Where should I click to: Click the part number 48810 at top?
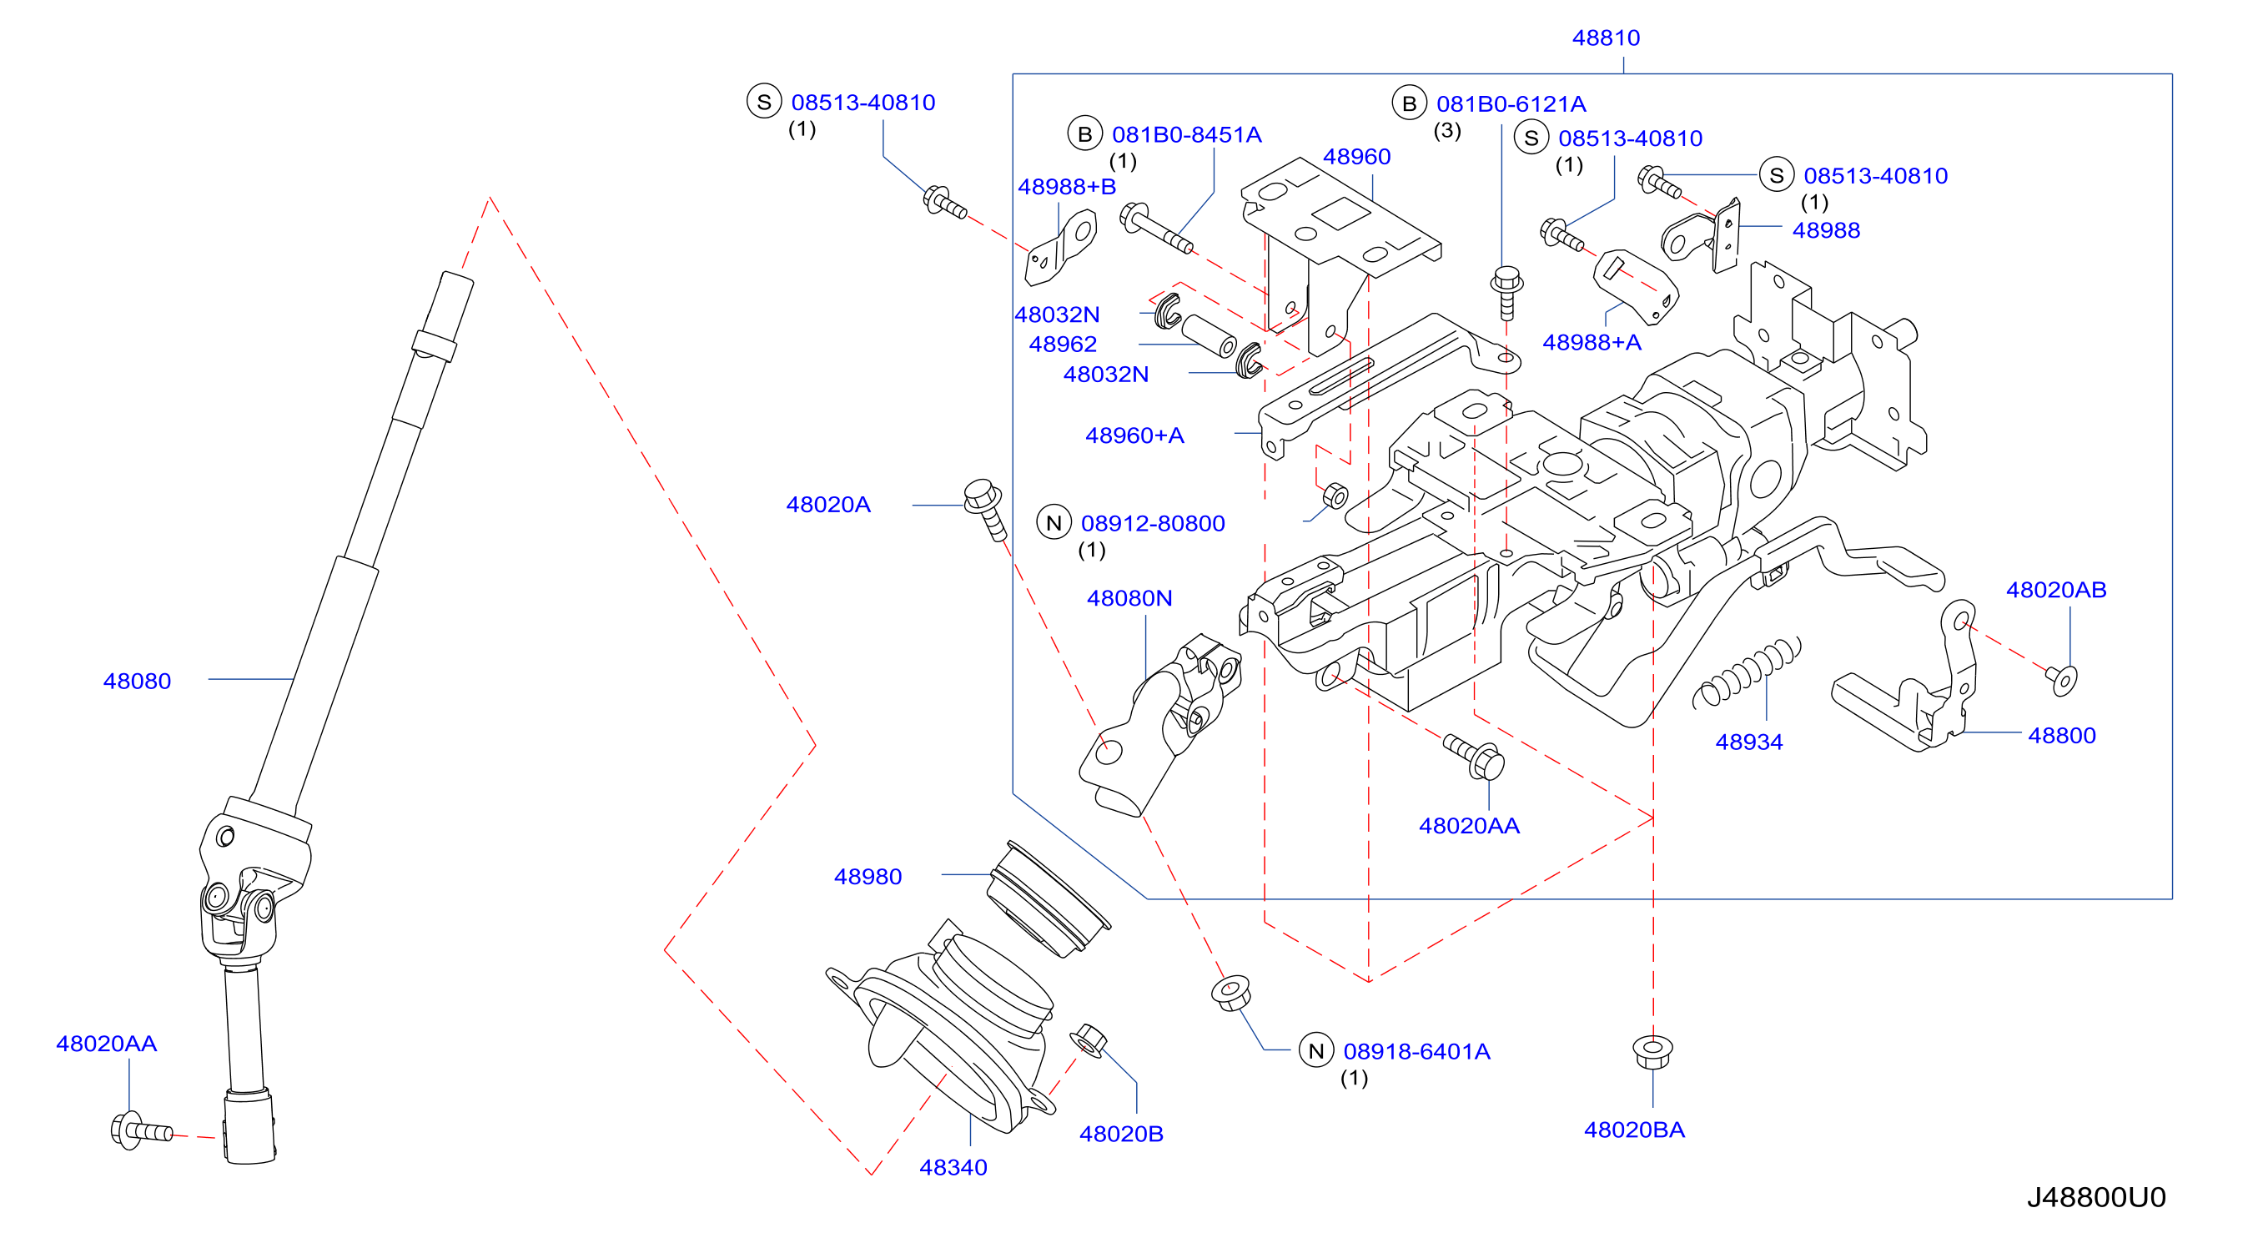pyautogui.click(x=1606, y=38)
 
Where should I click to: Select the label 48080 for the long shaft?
pyautogui.click(x=138, y=681)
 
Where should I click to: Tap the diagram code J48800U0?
pyautogui.click(x=2096, y=1197)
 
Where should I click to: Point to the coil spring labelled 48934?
pyautogui.click(x=1748, y=671)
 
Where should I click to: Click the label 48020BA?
pyautogui.click(x=1634, y=1130)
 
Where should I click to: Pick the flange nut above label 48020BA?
pyautogui.click(x=1652, y=1051)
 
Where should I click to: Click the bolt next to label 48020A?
pyautogui.click(x=986, y=508)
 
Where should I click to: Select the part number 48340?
pyautogui.click(x=953, y=1167)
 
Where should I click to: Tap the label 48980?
pyautogui.click(x=868, y=876)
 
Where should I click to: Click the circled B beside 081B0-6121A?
pyautogui.click(x=1409, y=104)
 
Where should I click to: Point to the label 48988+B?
pyautogui.click(x=1067, y=186)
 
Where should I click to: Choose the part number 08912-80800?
pyautogui.click(x=1153, y=523)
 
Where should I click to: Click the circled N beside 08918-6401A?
pyautogui.click(x=1316, y=1051)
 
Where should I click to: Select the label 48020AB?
pyautogui.click(x=2056, y=590)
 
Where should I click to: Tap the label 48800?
pyautogui.click(x=2061, y=735)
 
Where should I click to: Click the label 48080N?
pyautogui.click(x=1129, y=597)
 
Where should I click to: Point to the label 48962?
pyautogui.click(x=1063, y=344)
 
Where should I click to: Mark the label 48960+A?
pyautogui.click(x=1134, y=435)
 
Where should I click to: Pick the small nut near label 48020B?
pyautogui.click(x=1089, y=1039)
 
